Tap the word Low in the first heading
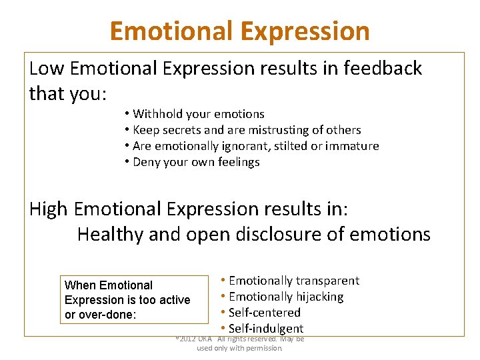(47, 68)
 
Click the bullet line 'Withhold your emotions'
(198, 114)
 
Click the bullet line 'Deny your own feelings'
(196, 162)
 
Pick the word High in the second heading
(49, 209)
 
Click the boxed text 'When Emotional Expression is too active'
(127, 293)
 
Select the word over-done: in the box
(109, 315)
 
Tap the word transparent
(327, 281)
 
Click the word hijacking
(315, 297)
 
